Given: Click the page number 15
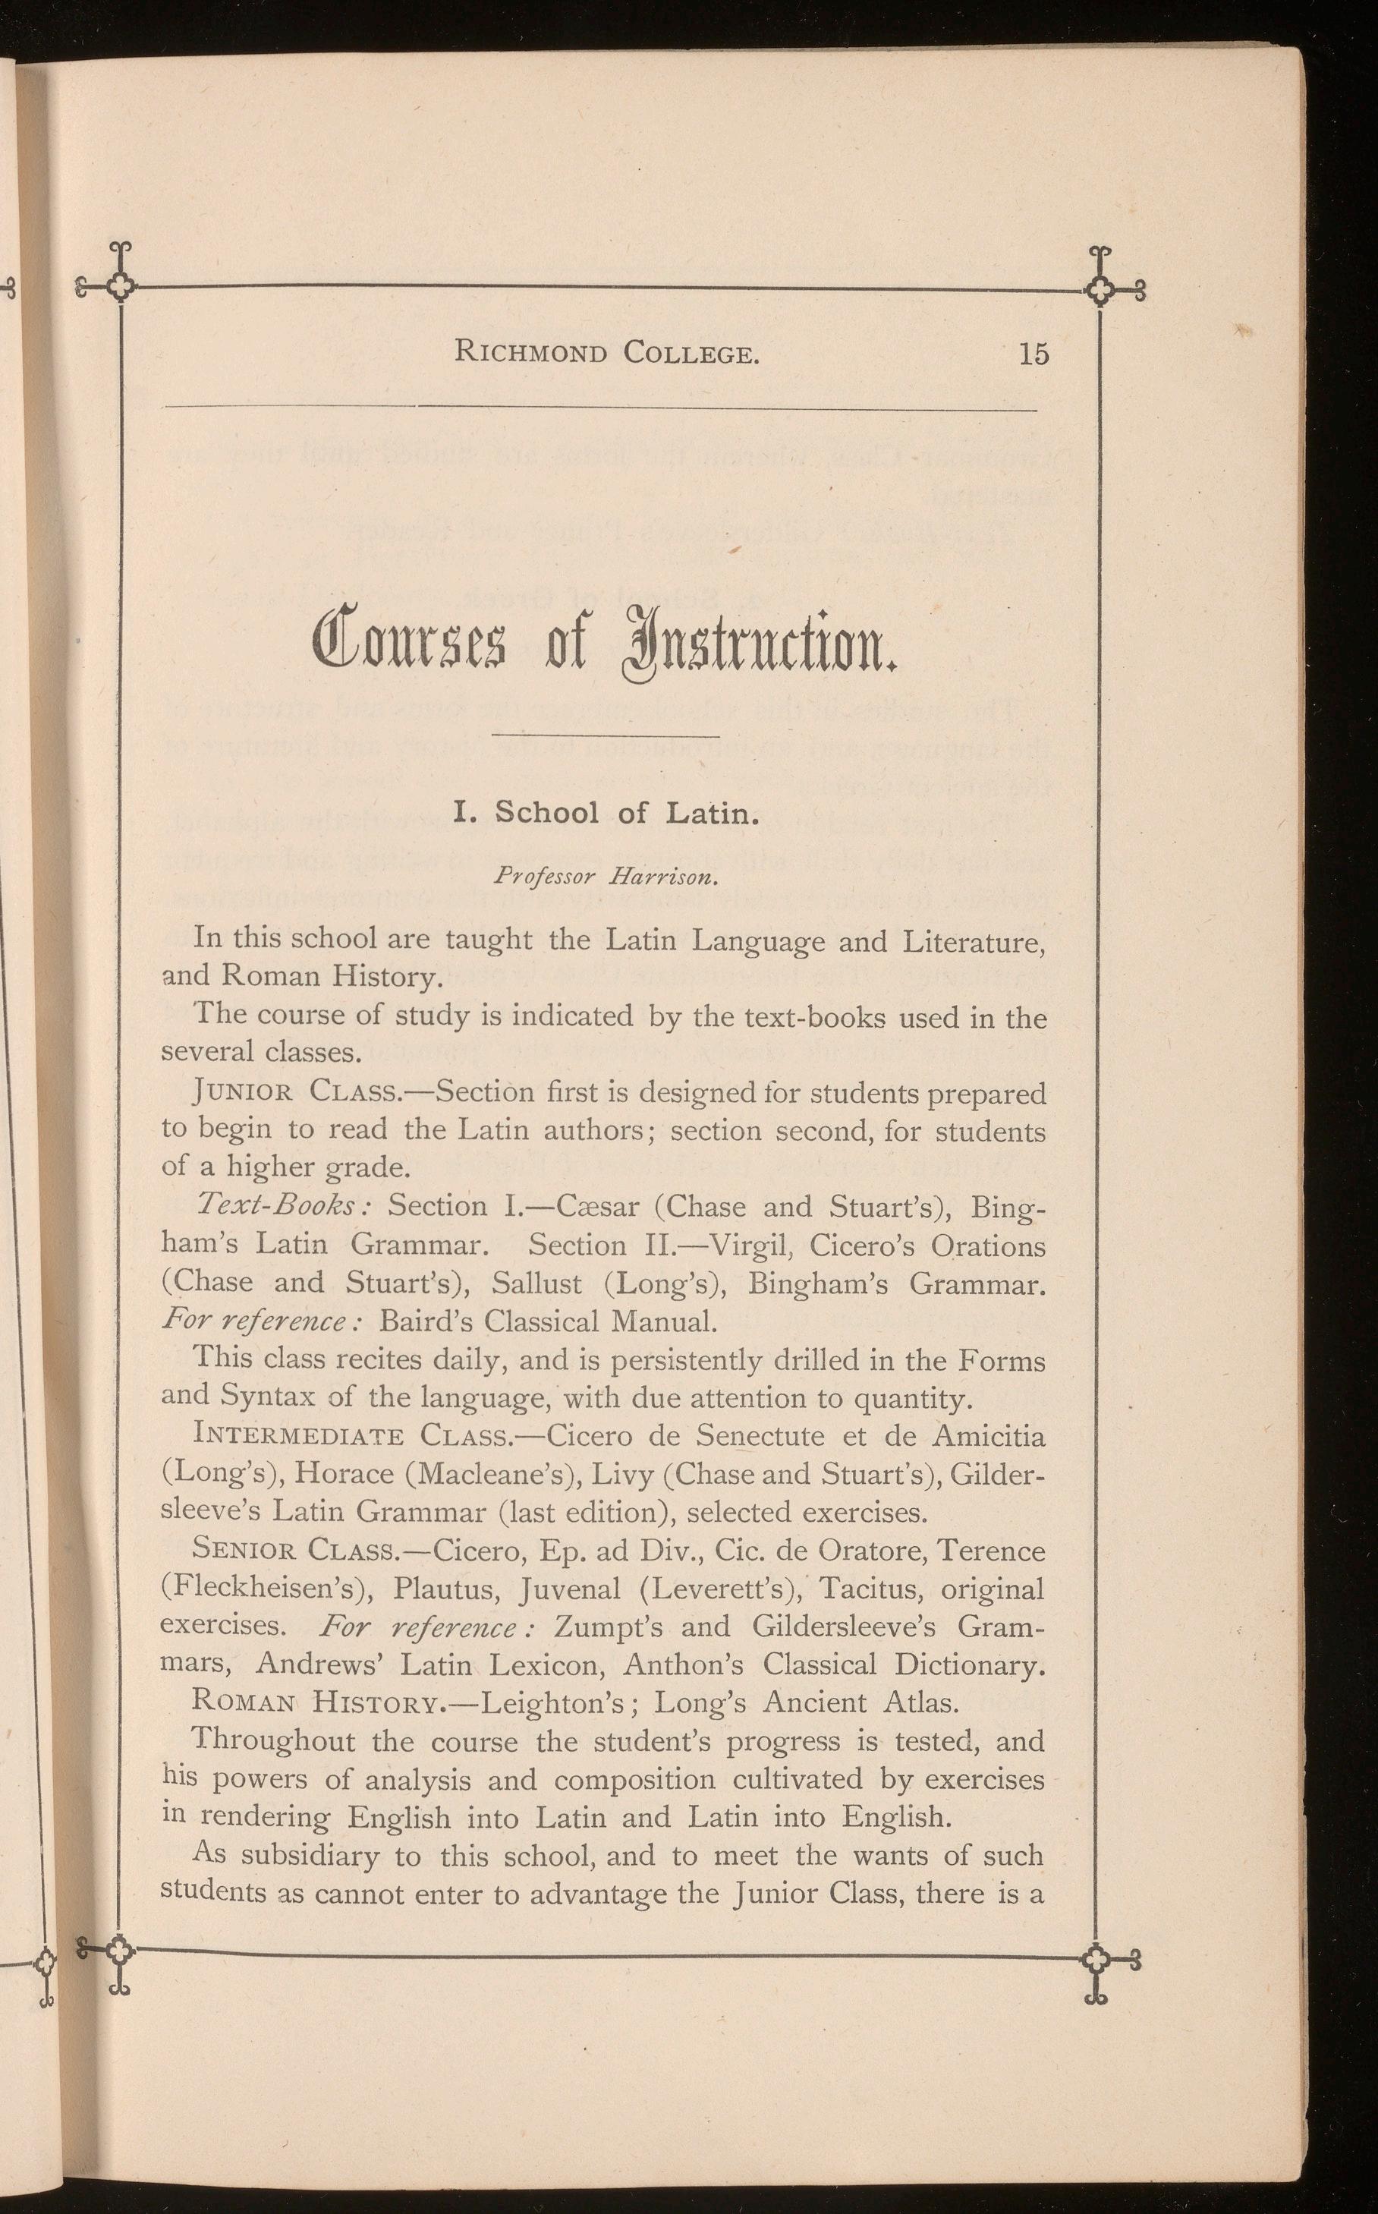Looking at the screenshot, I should [1033, 353].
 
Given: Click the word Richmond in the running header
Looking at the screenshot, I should [530, 353].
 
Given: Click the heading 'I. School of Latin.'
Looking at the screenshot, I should [606, 812].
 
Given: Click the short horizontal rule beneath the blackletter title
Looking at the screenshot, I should [606, 735].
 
